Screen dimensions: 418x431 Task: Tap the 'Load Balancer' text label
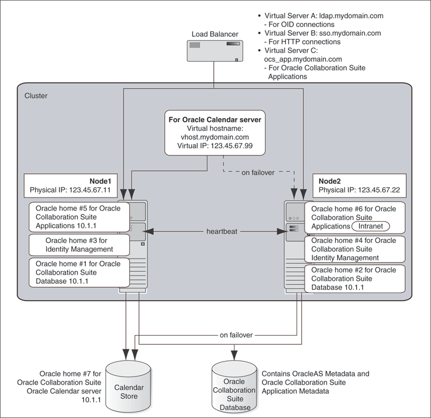[x=214, y=34]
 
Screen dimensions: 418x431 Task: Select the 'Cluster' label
[x=36, y=96]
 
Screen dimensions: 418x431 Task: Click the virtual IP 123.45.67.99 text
[x=216, y=146]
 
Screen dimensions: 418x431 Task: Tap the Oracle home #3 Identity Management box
[x=79, y=245]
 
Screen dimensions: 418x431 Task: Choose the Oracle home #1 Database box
[x=79, y=272]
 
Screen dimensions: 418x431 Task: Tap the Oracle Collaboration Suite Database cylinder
[x=234, y=386]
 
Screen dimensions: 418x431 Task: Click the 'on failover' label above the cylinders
[x=236, y=335]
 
